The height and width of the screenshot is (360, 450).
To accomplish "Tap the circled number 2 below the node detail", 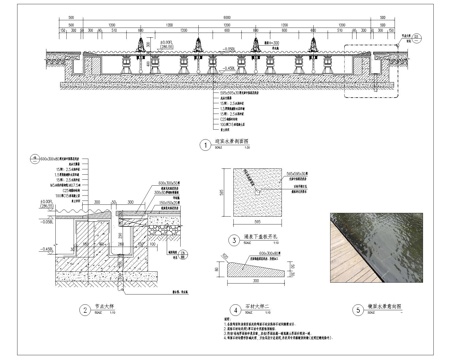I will click(x=85, y=309).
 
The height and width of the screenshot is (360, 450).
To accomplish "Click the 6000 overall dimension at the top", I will click(x=226, y=17).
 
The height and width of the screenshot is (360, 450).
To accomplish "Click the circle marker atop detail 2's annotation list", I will click(x=35, y=156).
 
